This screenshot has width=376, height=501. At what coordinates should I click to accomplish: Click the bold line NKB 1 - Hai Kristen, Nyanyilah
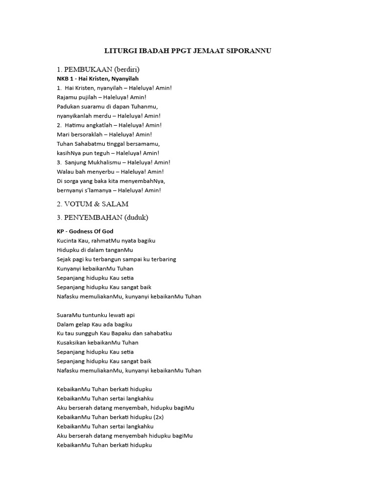click(98, 78)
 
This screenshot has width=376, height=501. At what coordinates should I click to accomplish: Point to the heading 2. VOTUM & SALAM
click(93, 204)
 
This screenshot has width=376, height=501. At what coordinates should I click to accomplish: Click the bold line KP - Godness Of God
click(85, 231)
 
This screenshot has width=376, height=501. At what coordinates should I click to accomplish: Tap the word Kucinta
click(68, 241)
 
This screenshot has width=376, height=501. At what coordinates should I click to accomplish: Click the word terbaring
click(162, 259)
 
